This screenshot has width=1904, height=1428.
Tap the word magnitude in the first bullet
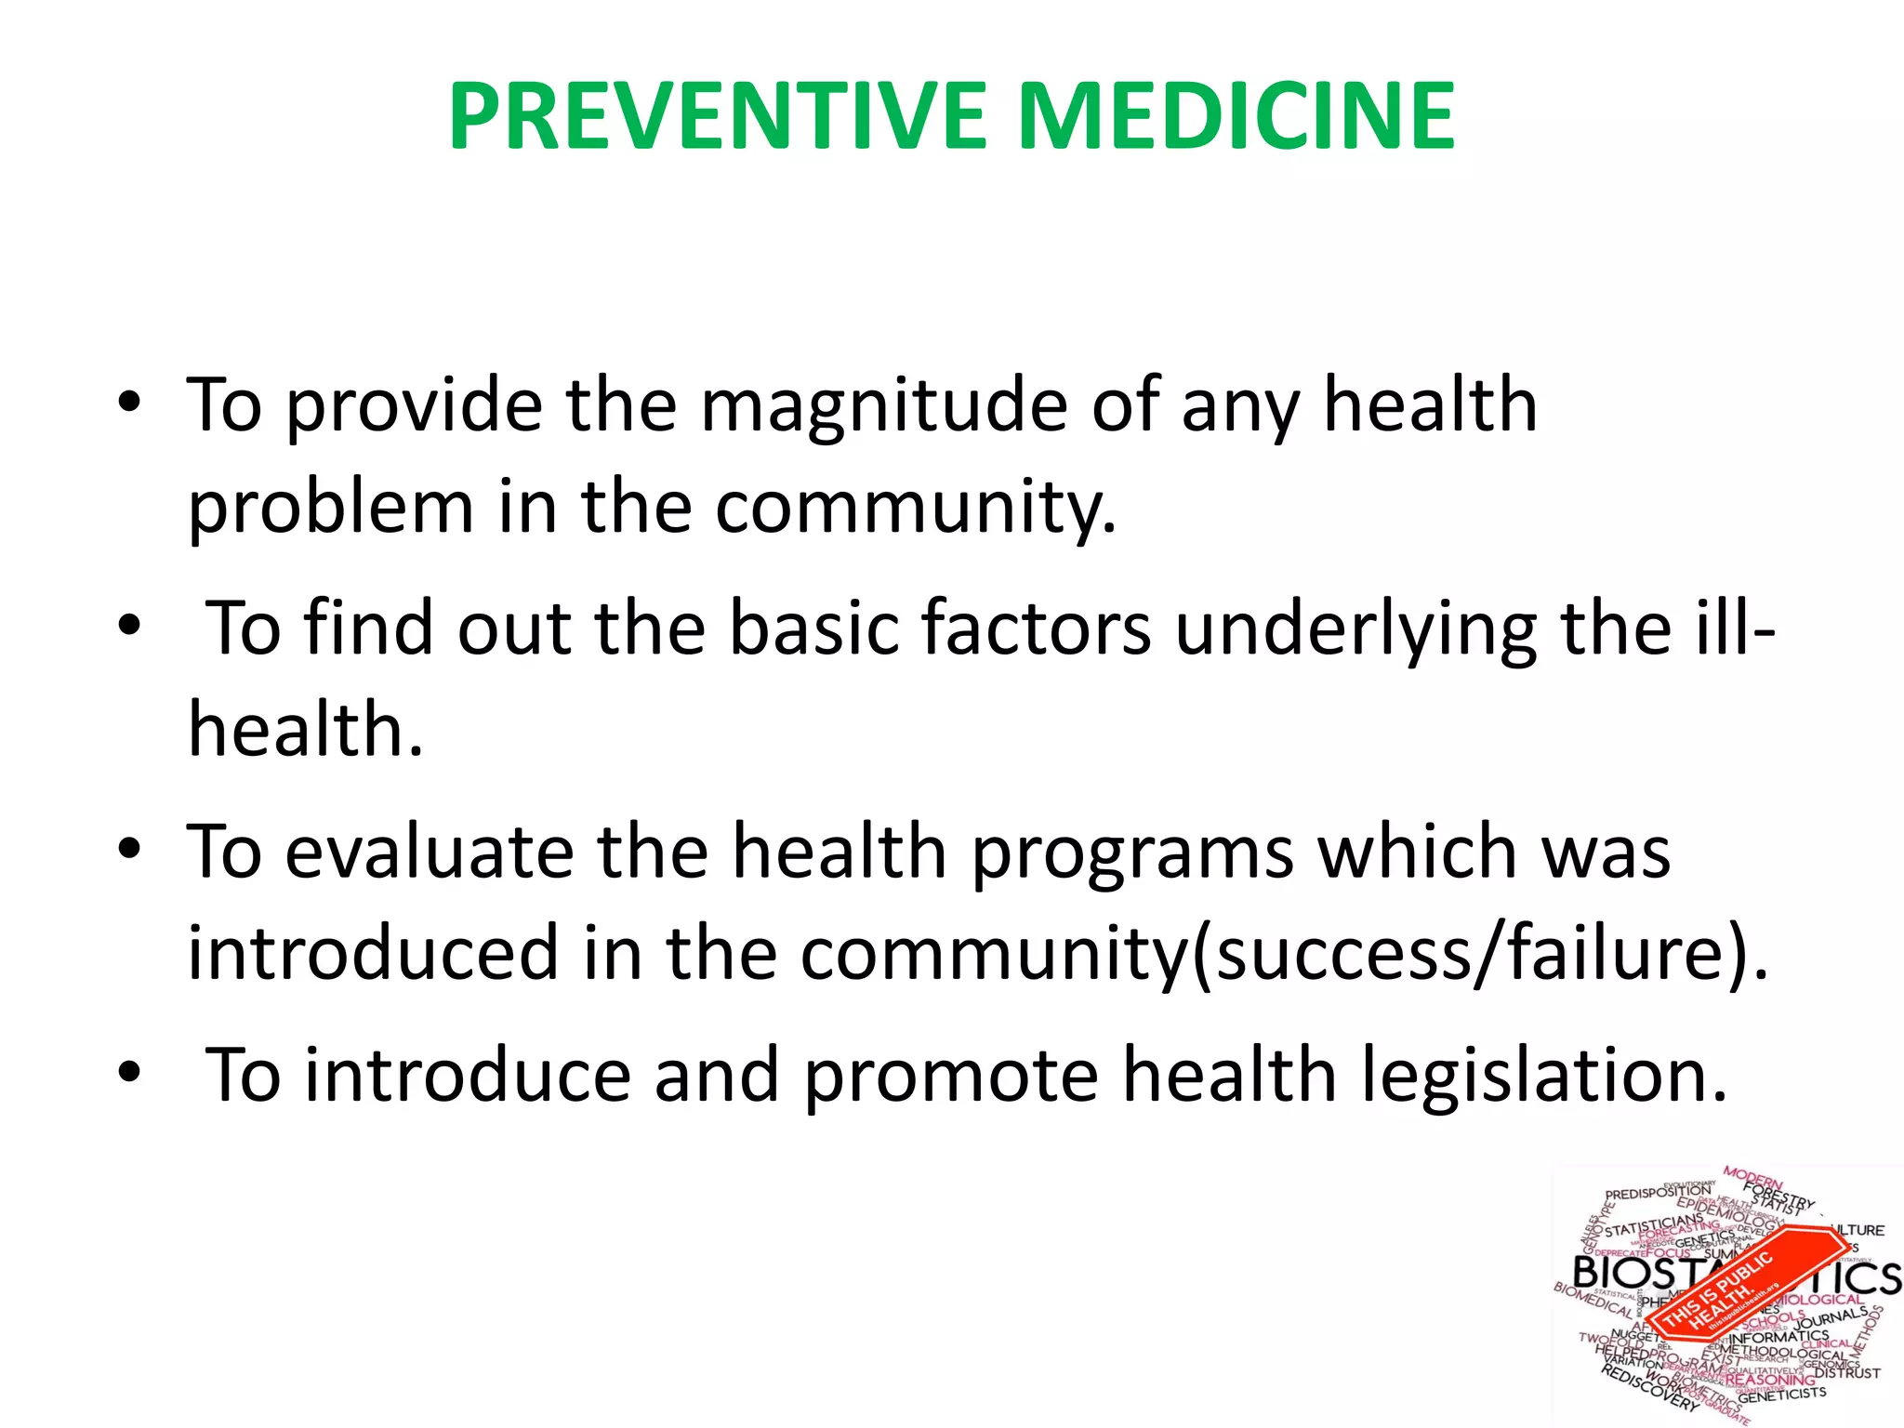coord(883,407)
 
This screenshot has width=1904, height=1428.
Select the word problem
coord(330,509)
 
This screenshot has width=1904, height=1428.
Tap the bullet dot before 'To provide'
coord(129,403)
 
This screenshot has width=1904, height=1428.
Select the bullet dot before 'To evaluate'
coord(129,850)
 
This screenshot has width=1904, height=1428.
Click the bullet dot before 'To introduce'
coord(129,1073)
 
